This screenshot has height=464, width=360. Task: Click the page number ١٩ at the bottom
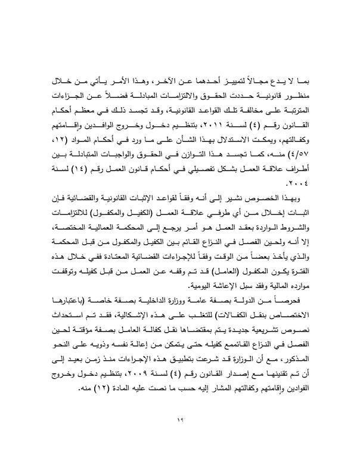coord(180,422)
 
